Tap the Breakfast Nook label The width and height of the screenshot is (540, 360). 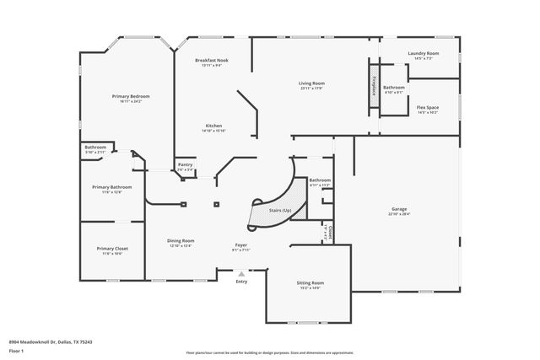click(212, 61)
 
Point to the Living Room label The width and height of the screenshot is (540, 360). click(311, 83)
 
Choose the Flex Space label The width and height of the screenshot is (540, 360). click(427, 108)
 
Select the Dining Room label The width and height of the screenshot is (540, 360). click(181, 241)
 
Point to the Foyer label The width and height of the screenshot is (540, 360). click(241, 245)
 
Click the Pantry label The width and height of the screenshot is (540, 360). click(185, 166)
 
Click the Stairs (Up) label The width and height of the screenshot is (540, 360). click(280, 209)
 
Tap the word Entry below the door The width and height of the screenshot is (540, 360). click(242, 282)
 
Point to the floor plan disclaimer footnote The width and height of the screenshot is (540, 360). click(270, 353)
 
